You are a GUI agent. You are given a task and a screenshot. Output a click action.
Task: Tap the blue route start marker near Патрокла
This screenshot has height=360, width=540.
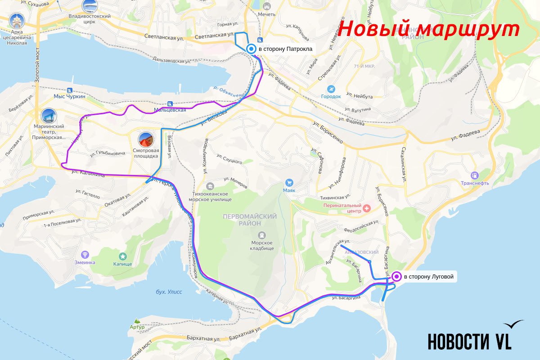tap(251, 49)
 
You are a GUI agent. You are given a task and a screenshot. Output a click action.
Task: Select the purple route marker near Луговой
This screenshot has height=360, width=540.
tap(396, 277)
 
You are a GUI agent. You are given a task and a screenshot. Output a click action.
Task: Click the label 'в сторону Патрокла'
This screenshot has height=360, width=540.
tap(285, 49)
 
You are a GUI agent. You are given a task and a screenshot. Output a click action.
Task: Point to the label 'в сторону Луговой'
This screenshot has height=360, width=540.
tap(428, 277)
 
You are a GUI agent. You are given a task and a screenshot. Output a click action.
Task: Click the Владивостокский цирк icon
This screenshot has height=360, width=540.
tap(90, 6)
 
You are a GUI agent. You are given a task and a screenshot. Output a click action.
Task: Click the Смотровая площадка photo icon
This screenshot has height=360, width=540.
tap(145, 139)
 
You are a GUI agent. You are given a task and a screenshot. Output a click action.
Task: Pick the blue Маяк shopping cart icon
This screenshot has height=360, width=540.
tap(289, 183)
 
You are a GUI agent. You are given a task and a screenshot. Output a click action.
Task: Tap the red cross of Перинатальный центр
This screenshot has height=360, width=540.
tap(367, 208)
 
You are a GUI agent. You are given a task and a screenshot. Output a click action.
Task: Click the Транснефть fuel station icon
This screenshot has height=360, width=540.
tap(474, 175)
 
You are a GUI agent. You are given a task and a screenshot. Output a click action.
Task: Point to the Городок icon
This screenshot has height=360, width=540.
tap(331, 89)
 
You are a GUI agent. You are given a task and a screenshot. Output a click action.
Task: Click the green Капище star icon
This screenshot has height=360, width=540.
tap(122, 256)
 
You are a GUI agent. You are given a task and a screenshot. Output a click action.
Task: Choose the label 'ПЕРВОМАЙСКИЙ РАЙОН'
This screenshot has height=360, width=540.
tap(250, 220)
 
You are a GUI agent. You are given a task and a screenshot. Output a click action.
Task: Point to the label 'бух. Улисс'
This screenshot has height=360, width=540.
tap(169, 292)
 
